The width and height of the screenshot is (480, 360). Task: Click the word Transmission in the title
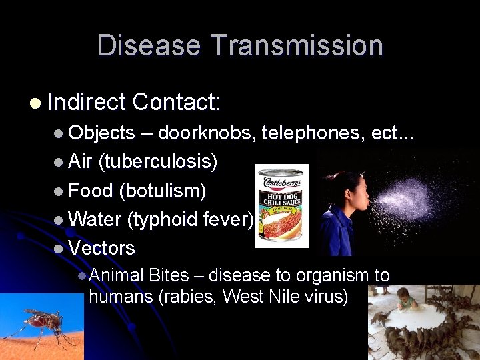coord(297,46)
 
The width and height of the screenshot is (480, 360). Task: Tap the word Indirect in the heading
coord(86,102)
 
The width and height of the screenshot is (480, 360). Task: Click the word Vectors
coord(101,247)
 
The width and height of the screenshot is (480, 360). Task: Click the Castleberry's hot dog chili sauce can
coord(282,205)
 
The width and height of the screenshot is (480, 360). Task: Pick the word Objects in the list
coord(101,133)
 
